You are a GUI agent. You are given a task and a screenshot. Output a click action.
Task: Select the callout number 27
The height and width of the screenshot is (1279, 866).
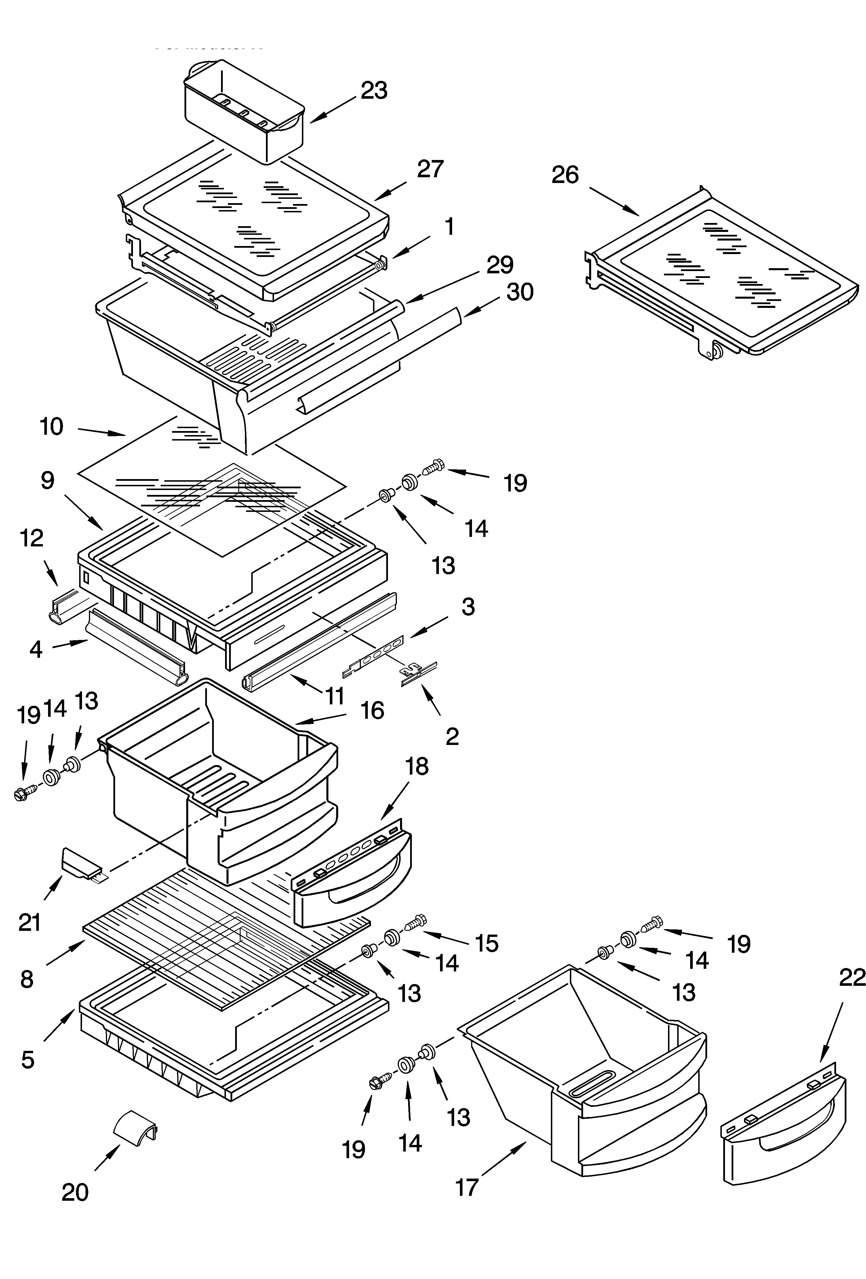click(x=430, y=169)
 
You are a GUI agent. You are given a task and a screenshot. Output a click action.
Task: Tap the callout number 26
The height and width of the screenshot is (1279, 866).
click(x=566, y=175)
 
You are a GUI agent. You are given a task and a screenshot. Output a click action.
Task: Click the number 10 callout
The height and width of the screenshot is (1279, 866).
click(x=52, y=426)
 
